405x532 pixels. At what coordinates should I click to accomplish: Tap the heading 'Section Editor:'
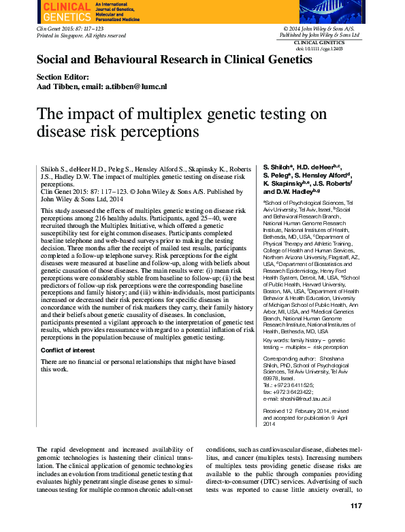[62, 77]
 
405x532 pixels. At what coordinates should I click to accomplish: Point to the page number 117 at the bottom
[356, 505]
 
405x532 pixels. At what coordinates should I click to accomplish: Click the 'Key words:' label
[278, 339]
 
